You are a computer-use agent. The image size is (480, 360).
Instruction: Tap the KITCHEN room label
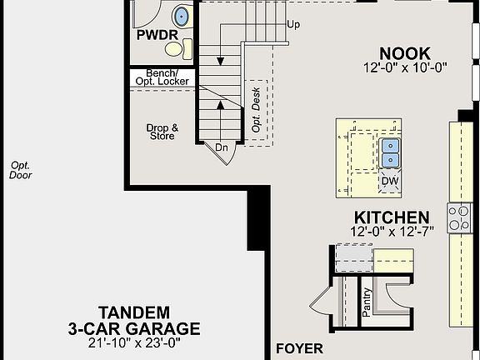390,217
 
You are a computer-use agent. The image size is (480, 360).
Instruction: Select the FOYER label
300,347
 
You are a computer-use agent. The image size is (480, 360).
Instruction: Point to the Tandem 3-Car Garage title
133,320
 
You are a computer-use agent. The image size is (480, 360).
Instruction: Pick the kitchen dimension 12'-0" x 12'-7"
390,232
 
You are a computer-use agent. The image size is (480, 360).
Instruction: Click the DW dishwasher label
390,181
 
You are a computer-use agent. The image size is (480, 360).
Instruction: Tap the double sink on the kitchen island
390,153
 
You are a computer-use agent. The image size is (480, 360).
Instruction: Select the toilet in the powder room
187,47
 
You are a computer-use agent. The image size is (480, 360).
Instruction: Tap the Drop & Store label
162,132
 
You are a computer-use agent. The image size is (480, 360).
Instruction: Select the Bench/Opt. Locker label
167,77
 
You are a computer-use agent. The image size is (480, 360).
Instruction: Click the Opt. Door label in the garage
21,170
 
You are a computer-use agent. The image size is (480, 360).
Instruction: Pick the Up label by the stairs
292,24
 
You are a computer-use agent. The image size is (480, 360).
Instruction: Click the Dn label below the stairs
221,147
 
